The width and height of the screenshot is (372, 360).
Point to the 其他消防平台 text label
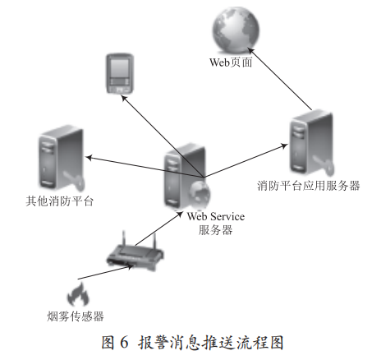[x=58, y=201]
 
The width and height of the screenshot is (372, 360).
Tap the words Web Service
[x=216, y=215]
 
